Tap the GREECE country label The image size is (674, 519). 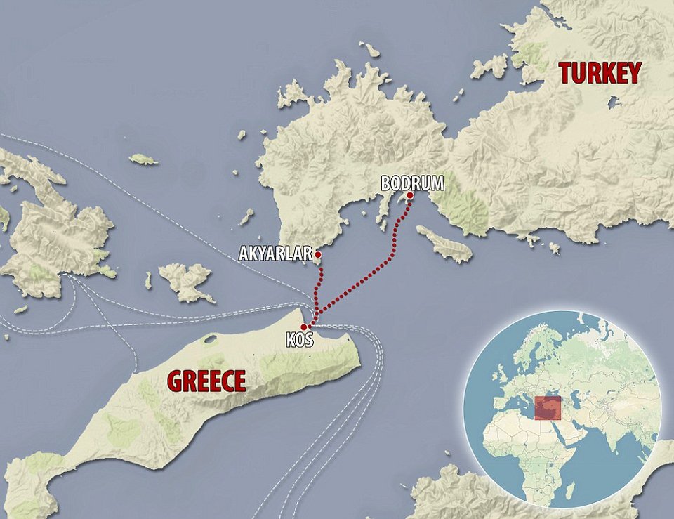[206, 381]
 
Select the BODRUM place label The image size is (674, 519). [412, 183]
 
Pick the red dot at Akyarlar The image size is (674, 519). [317, 254]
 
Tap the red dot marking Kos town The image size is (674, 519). [303, 327]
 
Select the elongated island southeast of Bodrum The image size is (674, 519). [444, 243]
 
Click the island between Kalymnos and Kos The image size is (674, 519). [187, 280]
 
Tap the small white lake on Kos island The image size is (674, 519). [210, 340]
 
